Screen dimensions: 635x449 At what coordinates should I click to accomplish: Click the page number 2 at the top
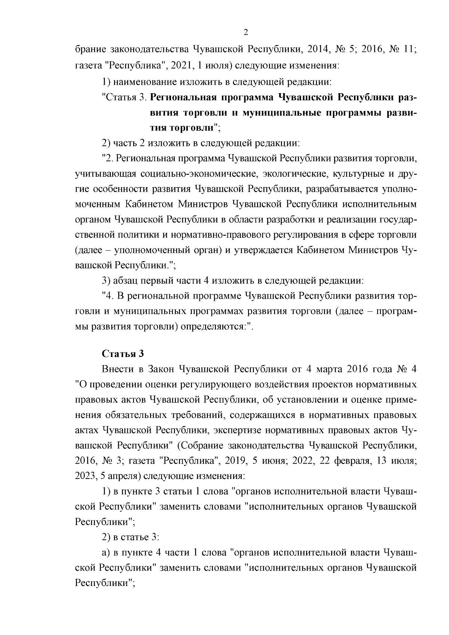[x=246, y=32]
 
